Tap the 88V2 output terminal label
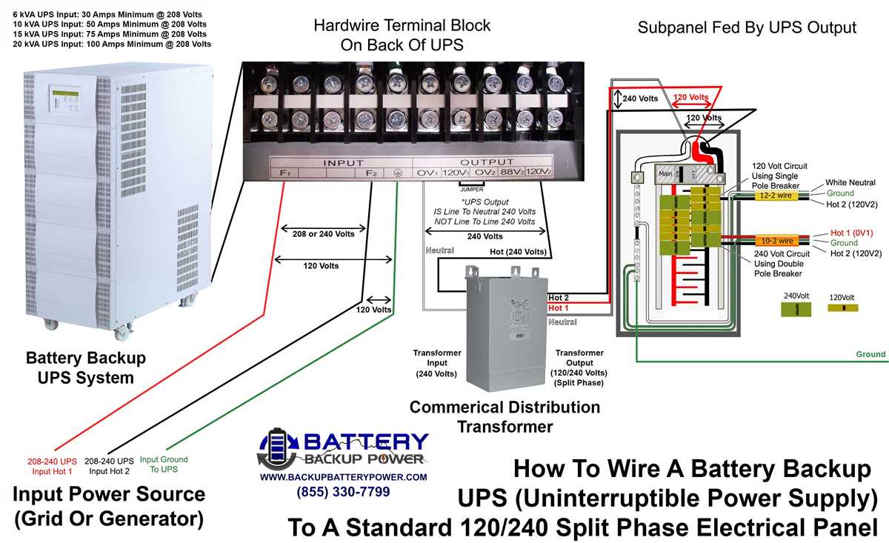[x=512, y=173]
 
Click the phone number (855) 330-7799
[x=343, y=492]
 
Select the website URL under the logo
[x=343, y=477]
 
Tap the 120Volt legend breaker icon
[x=842, y=308]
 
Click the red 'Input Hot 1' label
[x=52, y=466]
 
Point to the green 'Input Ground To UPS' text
[x=164, y=464]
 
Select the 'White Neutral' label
[x=850, y=182]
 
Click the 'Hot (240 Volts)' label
[x=519, y=252]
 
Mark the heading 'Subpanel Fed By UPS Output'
[x=747, y=28]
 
